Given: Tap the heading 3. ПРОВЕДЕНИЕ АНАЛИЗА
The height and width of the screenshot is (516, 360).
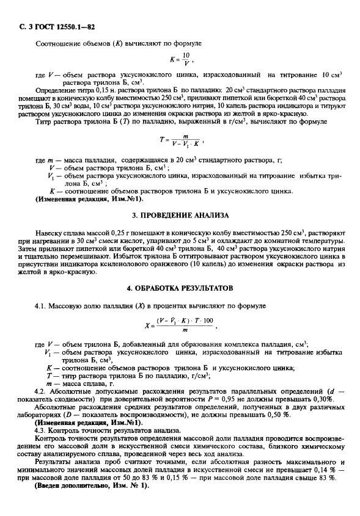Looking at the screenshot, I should point(180,216).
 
